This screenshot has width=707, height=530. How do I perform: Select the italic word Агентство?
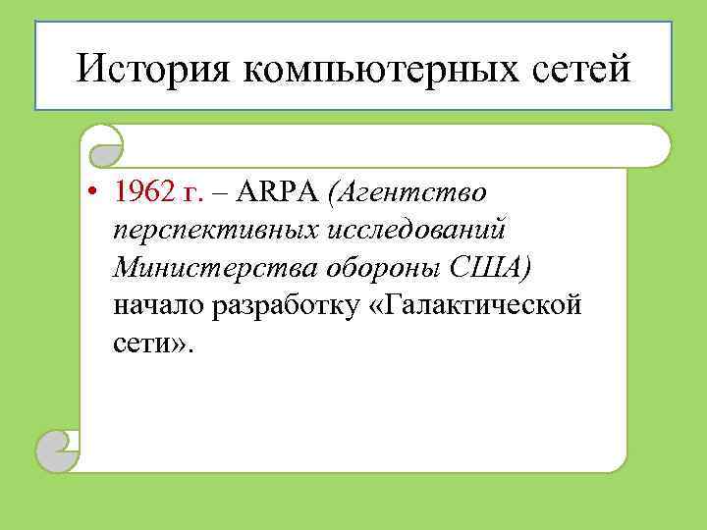coord(415,192)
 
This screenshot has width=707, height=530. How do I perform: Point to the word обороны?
coord(386,268)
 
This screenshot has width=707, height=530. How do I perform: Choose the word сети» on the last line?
coord(153,344)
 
